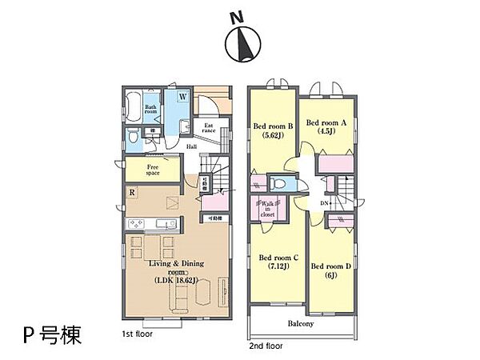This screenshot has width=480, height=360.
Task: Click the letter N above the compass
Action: (x=236, y=17)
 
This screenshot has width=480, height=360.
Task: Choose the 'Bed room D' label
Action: (x=330, y=270)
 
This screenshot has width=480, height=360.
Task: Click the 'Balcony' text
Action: (x=301, y=324)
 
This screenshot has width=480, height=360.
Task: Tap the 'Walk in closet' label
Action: (x=266, y=210)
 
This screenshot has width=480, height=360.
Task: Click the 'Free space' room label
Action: (x=152, y=169)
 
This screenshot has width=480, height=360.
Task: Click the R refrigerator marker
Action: (x=131, y=192)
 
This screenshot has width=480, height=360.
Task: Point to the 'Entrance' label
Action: (x=209, y=128)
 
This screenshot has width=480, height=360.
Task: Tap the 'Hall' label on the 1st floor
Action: (x=192, y=146)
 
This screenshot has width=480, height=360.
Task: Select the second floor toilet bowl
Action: (x=285, y=183)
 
